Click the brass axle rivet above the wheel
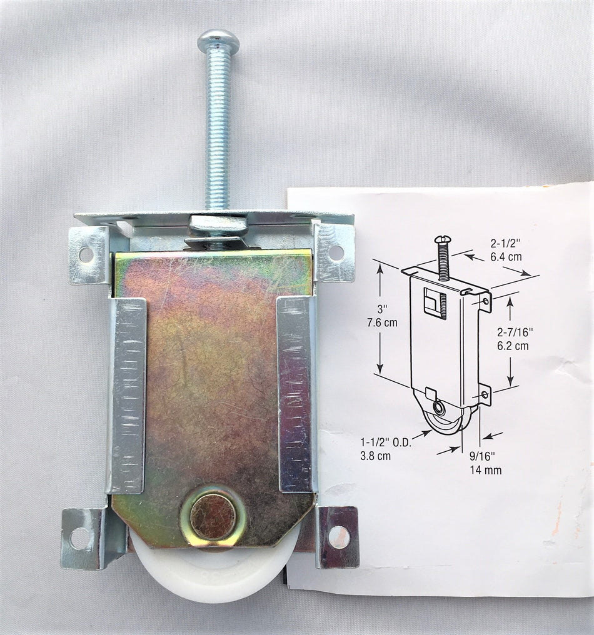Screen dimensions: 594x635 [213, 515]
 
